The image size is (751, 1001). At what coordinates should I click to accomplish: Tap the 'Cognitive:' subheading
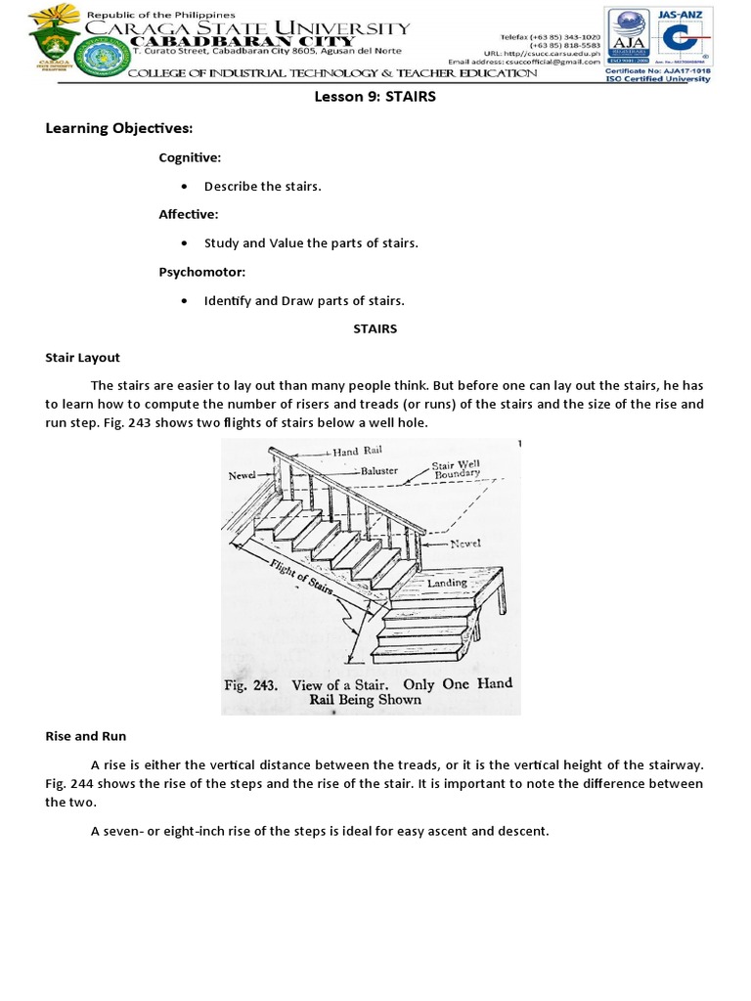pyautogui.click(x=190, y=157)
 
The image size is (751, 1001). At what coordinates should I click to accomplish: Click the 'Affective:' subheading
pyautogui.click(x=189, y=214)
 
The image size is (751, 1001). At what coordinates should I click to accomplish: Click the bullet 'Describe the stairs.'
pyautogui.click(x=262, y=186)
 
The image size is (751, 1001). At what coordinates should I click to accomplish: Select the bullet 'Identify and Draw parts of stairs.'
pyautogui.click(x=303, y=300)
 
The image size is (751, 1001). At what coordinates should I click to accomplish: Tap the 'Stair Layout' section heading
pyautogui.click(x=82, y=358)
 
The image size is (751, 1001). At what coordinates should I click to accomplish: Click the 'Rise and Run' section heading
pyautogui.click(x=85, y=735)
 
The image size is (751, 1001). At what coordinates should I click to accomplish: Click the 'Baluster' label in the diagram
pyautogui.click(x=382, y=471)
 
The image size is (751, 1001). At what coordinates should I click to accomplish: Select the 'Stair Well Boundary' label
pyautogui.click(x=456, y=470)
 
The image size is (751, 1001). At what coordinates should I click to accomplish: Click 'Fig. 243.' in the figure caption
pyautogui.click(x=252, y=685)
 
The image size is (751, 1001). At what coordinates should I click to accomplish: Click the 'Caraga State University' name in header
pyautogui.click(x=246, y=28)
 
